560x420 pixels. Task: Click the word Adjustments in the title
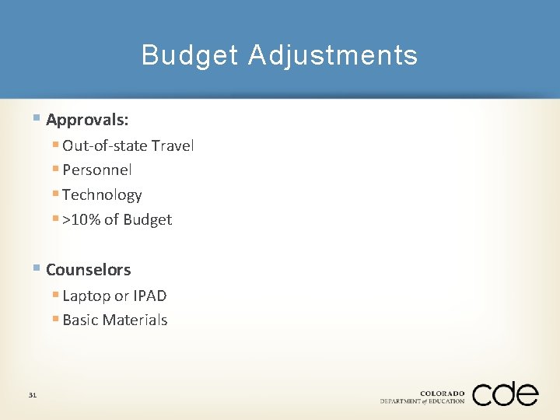point(333,55)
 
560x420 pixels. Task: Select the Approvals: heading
point(87,120)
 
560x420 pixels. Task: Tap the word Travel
point(173,145)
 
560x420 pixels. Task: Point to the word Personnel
point(97,170)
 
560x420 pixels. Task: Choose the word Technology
point(102,194)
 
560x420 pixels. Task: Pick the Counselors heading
point(88,270)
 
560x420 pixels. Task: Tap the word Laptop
point(86,296)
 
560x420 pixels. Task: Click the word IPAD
point(150,296)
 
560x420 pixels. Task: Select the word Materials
point(138,320)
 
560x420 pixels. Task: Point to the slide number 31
point(33,395)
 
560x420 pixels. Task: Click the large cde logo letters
point(505,394)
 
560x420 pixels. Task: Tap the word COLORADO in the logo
point(442,394)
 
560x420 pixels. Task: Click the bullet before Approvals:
point(37,119)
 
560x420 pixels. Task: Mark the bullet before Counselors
point(37,269)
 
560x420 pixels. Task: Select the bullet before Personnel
point(55,170)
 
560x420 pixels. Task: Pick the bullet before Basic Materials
point(55,320)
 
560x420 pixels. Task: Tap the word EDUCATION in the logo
point(447,401)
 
